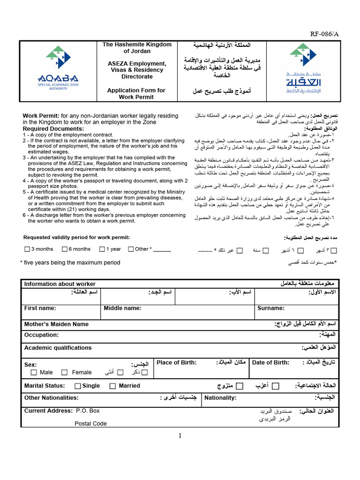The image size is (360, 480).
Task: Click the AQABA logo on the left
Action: [x=58, y=70]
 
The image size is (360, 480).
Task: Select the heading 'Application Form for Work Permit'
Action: [x=136, y=94]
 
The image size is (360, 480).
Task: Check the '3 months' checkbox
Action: [x=27, y=249]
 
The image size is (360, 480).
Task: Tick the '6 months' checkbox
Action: [x=65, y=249]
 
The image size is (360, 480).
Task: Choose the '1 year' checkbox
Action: [x=102, y=249]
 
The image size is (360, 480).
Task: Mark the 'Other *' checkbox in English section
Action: [x=131, y=249]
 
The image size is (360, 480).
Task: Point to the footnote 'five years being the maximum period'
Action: [x=71, y=262]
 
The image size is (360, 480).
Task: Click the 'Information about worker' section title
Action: [x=60, y=284]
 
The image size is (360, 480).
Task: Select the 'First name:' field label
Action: [x=40, y=308]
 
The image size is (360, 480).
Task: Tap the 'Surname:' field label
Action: [x=270, y=308]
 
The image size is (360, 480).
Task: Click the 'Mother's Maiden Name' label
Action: [x=56, y=324]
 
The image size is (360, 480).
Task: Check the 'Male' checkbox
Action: [x=33, y=373]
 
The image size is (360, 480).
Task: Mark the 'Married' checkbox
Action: [x=112, y=386]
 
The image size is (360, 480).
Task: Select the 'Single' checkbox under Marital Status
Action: [x=78, y=386]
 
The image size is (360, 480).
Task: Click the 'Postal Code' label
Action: [x=90, y=423]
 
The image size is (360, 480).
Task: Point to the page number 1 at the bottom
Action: [x=180, y=436]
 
